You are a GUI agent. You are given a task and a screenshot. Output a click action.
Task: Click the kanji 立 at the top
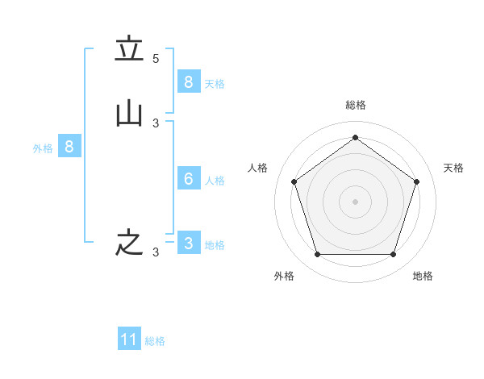[x=129, y=50]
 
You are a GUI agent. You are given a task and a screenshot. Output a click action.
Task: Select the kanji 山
[x=129, y=114]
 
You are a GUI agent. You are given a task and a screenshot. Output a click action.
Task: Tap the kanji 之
[x=129, y=243]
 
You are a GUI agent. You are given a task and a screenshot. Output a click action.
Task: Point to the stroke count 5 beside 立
[x=156, y=59]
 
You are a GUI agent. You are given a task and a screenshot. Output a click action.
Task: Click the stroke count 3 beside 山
[x=156, y=123]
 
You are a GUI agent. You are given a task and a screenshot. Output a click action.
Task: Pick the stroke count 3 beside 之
[x=156, y=252]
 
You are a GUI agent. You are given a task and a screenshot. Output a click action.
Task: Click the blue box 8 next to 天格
[x=188, y=81]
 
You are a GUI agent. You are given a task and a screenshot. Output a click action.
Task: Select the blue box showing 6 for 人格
[x=188, y=178]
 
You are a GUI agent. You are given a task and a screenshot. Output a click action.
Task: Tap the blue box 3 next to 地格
[x=188, y=243]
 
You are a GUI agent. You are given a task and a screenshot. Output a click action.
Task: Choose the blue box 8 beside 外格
[x=69, y=147]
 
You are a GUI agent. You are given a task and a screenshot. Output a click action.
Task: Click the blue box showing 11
[x=129, y=339]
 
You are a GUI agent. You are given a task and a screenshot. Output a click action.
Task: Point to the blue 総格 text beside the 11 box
[x=155, y=341]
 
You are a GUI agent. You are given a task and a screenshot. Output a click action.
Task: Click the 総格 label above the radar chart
[x=355, y=105]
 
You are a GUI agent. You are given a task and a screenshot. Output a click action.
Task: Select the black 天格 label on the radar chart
[x=453, y=168]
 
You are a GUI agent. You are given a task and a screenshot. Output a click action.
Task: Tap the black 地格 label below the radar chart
[x=423, y=276]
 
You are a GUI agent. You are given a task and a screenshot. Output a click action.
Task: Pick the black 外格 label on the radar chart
[x=284, y=276]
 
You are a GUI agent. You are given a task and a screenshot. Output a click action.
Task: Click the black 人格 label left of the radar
[x=258, y=168]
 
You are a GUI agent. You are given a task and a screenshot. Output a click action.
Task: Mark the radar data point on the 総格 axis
[x=355, y=138]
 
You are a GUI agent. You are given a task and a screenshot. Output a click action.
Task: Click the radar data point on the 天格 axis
[x=416, y=181]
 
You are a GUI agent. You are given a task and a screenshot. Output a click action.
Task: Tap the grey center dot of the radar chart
[x=355, y=202]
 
